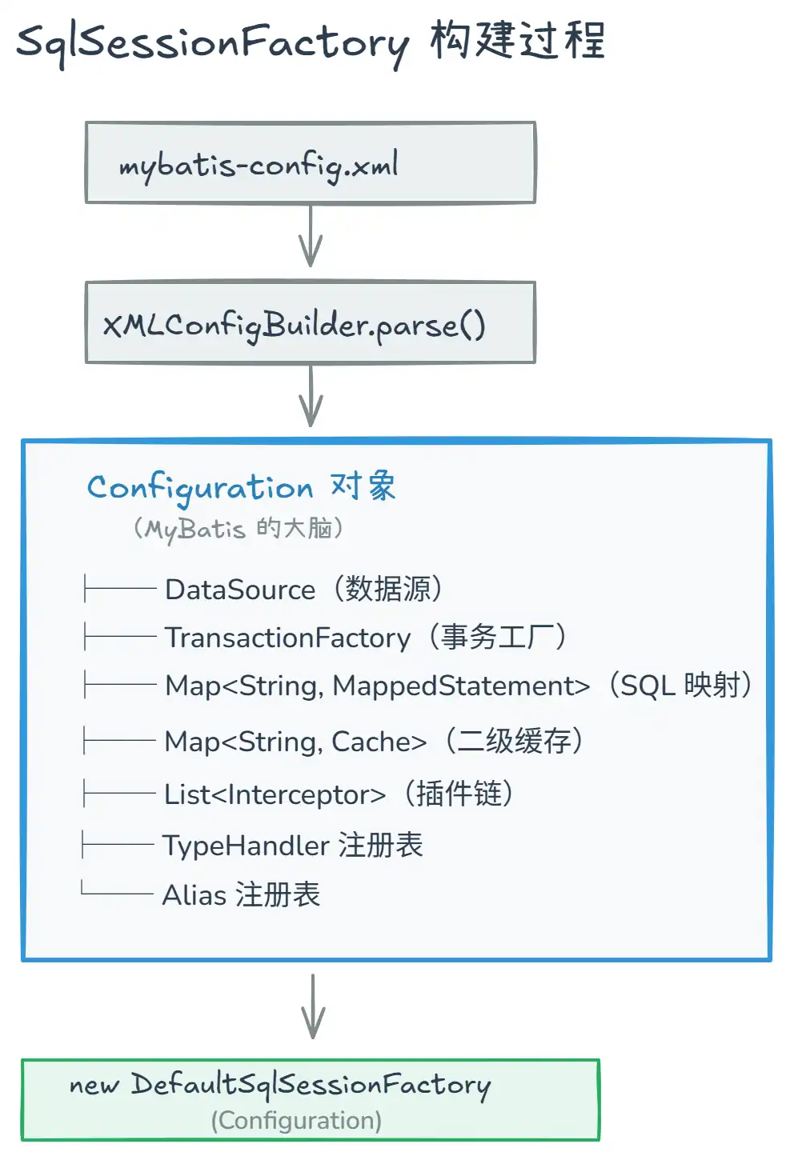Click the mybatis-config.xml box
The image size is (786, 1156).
pyautogui.click(x=311, y=162)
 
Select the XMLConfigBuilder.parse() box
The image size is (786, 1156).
pyautogui.click(x=311, y=322)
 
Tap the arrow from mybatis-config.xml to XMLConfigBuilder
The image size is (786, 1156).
pyautogui.click(x=311, y=237)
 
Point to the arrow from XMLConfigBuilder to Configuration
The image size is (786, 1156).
pyautogui.click(x=311, y=397)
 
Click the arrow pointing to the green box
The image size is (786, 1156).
pyautogui.click(x=313, y=1006)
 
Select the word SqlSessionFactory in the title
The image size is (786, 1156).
pyautogui.click(x=212, y=42)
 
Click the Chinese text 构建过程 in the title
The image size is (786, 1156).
pyautogui.click(x=517, y=41)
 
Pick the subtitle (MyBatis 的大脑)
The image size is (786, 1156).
pyautogui.click(x=238, y=529)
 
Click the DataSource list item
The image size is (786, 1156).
pyautogui.click(x=240, y=590)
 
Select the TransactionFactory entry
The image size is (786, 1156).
pyautogui.click(x=287, y=638)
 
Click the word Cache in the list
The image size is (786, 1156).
pyautogui.click(x=379, y=742)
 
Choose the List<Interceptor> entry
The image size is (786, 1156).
pyautogui.click(x=275, y=794)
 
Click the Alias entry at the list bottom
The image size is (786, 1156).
pyautogui.click(x=194, y=895)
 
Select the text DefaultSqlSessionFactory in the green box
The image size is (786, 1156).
pyautogui.click(x=311, y=1085)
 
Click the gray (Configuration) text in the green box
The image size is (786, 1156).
pyautogui.click(x=296, y=1121)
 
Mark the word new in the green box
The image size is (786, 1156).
pyautogui.click(x=94, y=1086)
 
